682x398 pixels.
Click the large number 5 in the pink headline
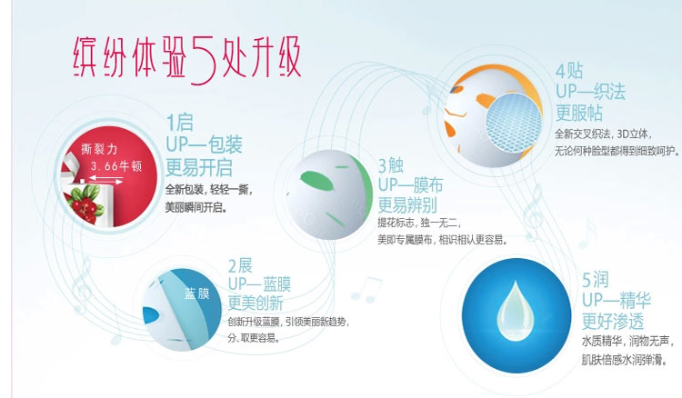pyautogui.click(x=204, y=58)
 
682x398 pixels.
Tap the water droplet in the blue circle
pyautogui.click(x=516, y=311)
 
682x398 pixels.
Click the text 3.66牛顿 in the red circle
pyautogui.click(x=116, y=166)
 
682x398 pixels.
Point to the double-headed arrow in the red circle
pyautogui.click(x=105, y=179)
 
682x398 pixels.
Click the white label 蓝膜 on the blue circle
pyautogui.click(x=197, y=294)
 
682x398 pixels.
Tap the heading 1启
pyautogui.click(x=180, y=123)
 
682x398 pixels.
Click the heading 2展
pyautogui.click(x=240, y=265)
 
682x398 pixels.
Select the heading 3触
pyautogui.click(x=391, y=165)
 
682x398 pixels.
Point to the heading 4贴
pyautogui.click(x=569, y=71)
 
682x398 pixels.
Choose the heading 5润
pyautogui.click(x=595, y=280)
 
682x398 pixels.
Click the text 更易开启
pyautogui.click(x=199, y=168)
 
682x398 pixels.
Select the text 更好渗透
pyautogui.click(x=613, y=322)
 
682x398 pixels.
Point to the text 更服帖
pyautogui.click(x=579, y=113)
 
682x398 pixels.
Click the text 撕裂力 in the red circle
pyautogui.click(x=99, y=149)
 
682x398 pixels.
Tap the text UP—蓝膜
pyautogui.click(x=259, y=284)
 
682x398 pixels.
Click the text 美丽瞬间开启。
pyautogui.click(x=196, y=207)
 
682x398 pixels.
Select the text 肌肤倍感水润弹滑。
pyautogui.click(x=624, y=360)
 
